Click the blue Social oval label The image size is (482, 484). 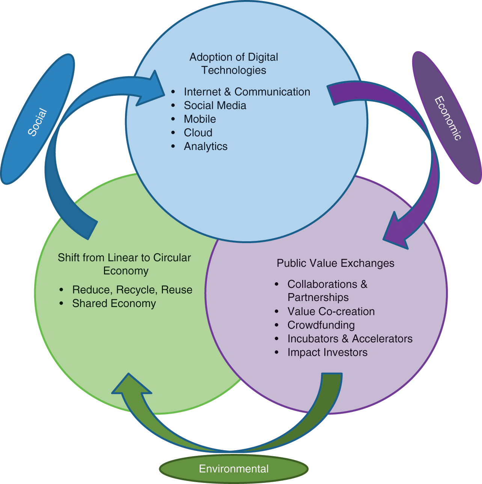click(38, 119)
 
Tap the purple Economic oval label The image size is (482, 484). click(447, 118)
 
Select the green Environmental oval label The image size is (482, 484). click(233, 469)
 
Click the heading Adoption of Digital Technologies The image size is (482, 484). click(233, 64)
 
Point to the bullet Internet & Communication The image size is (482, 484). click(247, 92)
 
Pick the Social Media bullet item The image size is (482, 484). click(215, 106)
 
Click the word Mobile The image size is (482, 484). click(200, 119)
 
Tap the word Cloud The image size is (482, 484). click(198, 133)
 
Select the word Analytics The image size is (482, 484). click(205, 146)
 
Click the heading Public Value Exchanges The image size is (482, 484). click(335, 263)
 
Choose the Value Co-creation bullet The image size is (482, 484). click(331, 312)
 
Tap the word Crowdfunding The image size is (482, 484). click(321, 325)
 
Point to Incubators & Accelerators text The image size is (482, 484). click(350, 339)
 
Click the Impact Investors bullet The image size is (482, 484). click(327, 352)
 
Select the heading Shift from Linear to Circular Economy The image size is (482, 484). click(124, 264)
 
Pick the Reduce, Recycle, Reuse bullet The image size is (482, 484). click(132, 290)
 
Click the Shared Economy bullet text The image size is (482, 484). click(114, 303)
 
